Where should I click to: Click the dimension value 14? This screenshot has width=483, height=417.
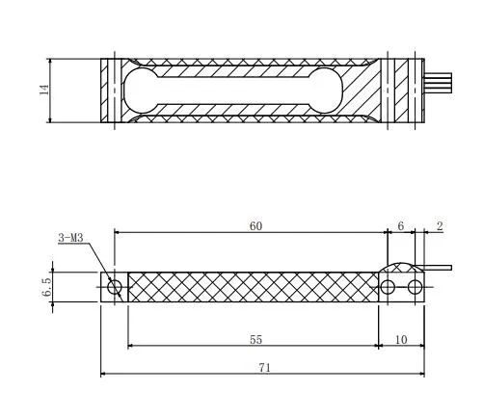(44, 90)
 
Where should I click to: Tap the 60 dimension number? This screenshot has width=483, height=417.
(255, 226)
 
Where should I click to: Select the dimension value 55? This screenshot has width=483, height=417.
(255, 339)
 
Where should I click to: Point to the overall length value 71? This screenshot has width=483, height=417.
(264, 368)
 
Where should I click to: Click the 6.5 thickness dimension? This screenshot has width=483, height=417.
(46, 287)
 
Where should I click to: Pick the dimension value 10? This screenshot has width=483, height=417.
(401, 339)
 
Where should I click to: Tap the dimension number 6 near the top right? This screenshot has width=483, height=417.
(400, 226)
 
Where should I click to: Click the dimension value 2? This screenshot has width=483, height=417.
(440, 226)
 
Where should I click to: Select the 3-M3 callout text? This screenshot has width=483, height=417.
(70, 238)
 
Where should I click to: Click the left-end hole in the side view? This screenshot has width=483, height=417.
(115, 287)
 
